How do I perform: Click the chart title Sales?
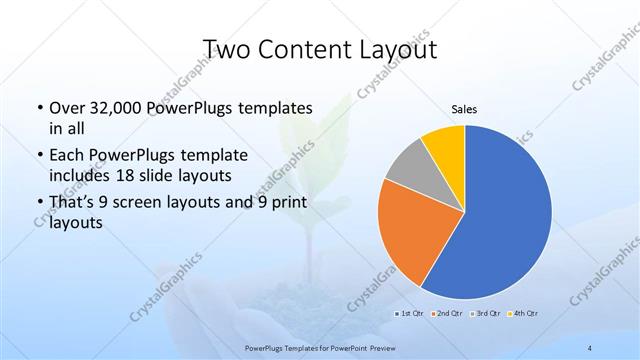pos(465,108)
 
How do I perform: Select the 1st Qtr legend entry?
pos(410,314)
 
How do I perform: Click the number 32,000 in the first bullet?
pos(120,107)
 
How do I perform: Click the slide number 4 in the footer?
pos(591,347)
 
